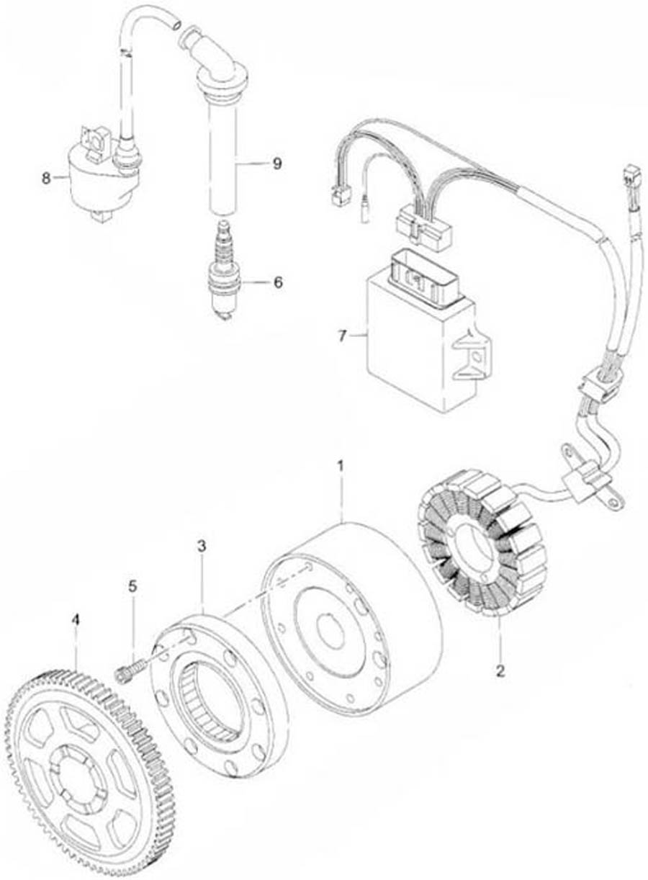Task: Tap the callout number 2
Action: (x=500, y=671)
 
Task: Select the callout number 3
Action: (x=202, y=547)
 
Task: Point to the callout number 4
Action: (x=76, y=619)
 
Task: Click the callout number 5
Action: (x=132, y=586)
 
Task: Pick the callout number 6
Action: (x=278, y=282)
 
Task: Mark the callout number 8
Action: (x=47, y=177)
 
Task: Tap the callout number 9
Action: (x=276, y=163)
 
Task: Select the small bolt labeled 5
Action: (x=127, y=672)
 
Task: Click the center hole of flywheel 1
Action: (x=332, y=634)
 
